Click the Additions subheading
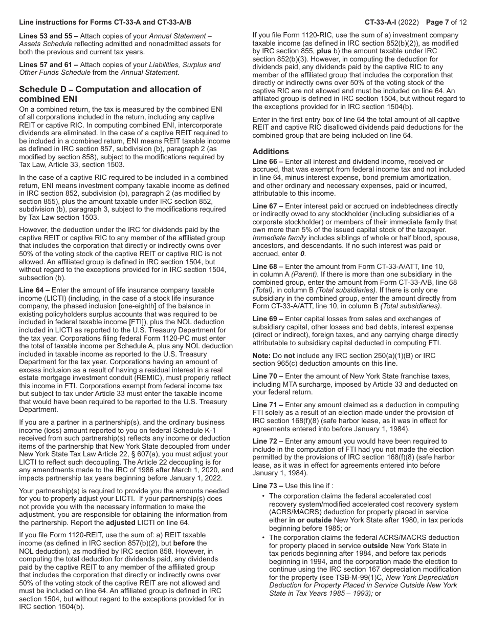271,152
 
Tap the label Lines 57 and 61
46,65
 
